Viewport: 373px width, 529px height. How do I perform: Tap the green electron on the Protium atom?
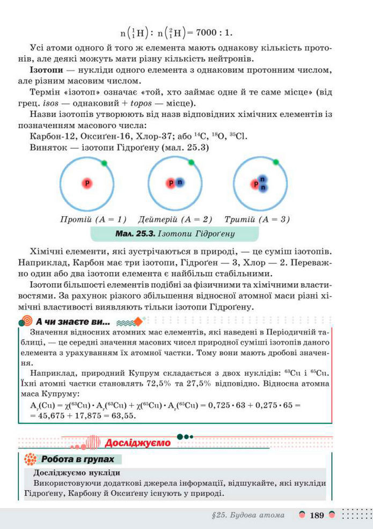[104, 163]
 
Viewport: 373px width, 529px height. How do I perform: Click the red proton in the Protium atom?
[86, 183]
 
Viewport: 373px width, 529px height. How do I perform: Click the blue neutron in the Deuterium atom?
[180, 183]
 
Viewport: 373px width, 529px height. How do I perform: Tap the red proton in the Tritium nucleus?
[256, 185]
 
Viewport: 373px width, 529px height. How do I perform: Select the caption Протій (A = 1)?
[93, 219]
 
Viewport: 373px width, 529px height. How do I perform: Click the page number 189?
[317, 516]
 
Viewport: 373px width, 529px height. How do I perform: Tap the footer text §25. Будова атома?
[248, 516]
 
